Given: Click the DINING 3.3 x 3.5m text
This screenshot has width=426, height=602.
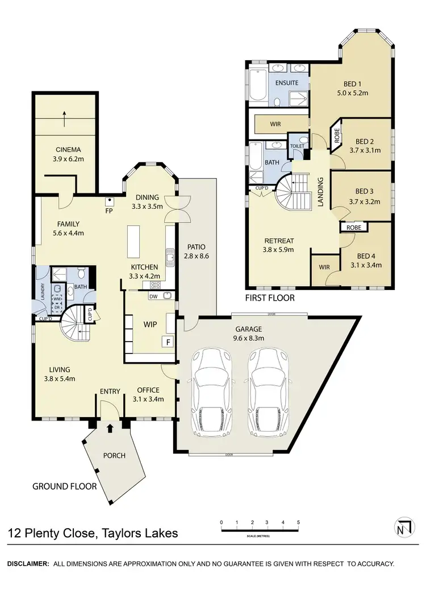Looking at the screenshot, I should click(147, 203).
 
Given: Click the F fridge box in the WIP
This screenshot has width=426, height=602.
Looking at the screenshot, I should click(168, 342).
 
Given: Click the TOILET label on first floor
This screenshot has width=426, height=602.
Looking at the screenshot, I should click(298, 146).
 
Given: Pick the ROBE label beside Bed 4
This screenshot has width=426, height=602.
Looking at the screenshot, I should click(354, 228).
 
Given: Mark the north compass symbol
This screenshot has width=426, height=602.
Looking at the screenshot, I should click(402, 527).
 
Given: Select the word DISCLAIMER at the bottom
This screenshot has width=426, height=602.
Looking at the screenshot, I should click(27, 564).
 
